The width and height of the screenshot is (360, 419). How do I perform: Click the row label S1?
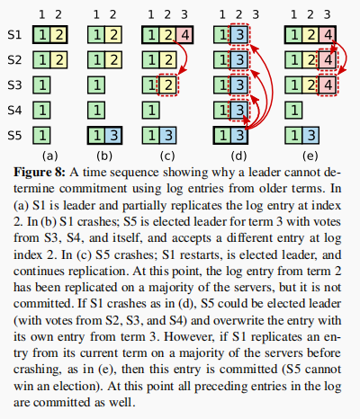tap(14, 35)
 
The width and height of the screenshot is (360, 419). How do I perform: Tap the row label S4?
tap(14, 111)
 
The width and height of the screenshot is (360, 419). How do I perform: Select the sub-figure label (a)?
tap(49, 156)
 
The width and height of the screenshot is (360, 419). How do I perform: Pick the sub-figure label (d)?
tap(238, 156)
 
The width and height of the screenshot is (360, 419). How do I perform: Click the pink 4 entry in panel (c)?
tap(184, 35)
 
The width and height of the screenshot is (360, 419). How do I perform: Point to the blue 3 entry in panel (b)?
tap(113, 136)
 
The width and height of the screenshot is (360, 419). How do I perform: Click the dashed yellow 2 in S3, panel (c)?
tap(168, 85)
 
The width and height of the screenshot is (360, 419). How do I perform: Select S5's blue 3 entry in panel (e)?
tap(310, 136)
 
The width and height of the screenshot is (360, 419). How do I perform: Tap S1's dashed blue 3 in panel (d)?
tap(239, 35)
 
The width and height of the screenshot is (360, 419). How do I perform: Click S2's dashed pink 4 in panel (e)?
tap(328, 60)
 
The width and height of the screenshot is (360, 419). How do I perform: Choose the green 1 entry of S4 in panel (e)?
tap(294, 111)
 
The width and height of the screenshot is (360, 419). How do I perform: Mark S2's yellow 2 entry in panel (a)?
tap(59, 60)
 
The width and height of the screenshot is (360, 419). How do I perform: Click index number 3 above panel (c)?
tap(184, 14)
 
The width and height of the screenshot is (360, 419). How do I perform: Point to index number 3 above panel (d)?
tap(256, 14)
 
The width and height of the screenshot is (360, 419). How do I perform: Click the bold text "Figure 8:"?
tap(40, 173)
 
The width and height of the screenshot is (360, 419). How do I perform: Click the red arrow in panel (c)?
tap(186, 56)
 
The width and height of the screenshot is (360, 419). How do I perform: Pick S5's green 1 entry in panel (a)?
tap(41, 136)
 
